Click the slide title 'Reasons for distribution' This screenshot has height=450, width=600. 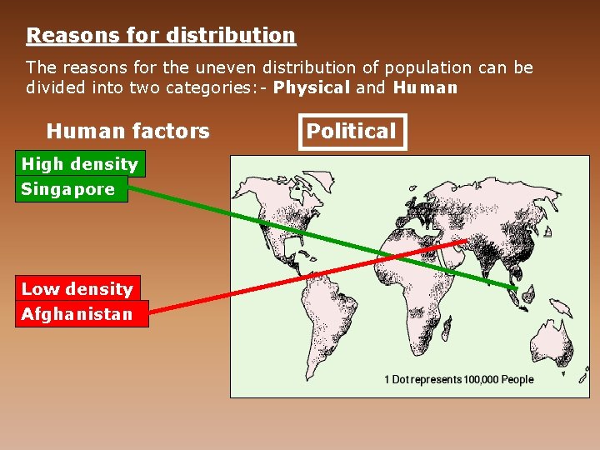pyautogui.click(x=161, y=36)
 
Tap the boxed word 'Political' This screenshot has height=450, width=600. pyautogui.click(x=351, y=132)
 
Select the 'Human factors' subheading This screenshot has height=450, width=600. pyautogui.click(x=127, y=132)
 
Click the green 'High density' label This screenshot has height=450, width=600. pyautogui.click(x=80, y=164)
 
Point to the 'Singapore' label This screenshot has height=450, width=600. pyautogui.click(x=68, y=189)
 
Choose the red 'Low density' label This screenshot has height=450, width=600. pyautogui.click(x=77, y=289)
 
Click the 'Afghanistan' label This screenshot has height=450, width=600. pyautogui.click(x=77, y=314)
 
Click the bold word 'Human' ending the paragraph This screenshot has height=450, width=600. pyautogui.click(x=425, y=87)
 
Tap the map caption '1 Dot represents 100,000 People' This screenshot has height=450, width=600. pyautogui.click(x=458, y=380)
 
